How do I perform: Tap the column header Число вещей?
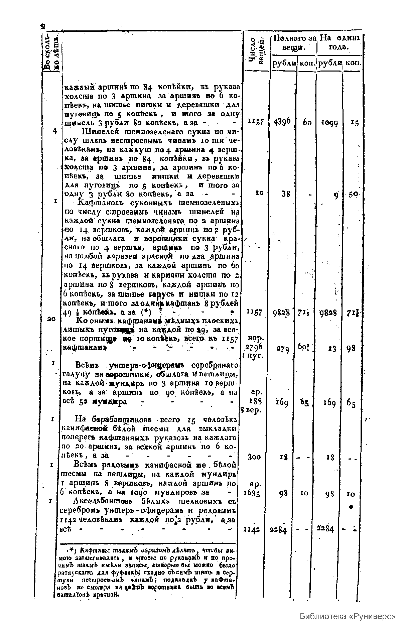(x=257, y=50)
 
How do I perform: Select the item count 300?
(x=255, y=456)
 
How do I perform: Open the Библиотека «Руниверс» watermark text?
(x=348, y=616)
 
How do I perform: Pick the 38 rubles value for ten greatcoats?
(x=286, y=194)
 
